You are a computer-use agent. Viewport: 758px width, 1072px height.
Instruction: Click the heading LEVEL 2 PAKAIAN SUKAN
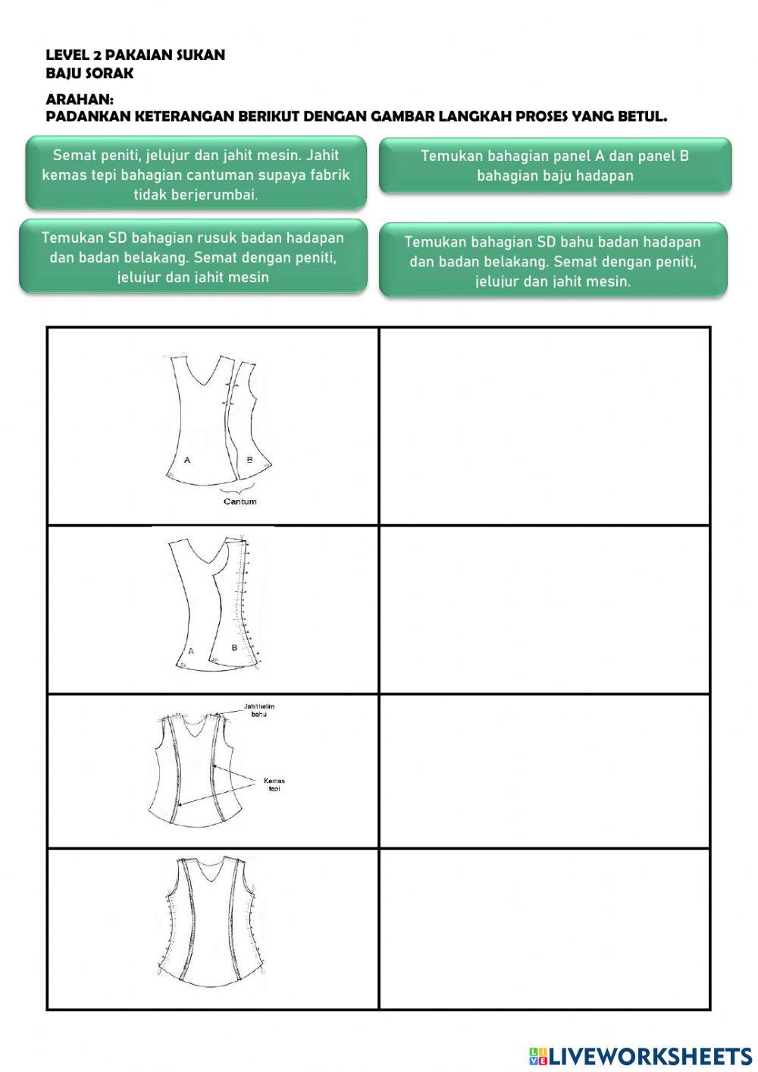[x=135, y=55]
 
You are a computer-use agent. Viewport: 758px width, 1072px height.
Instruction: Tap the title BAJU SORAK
[x=89, y=74]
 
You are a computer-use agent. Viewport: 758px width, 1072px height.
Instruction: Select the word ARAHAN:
[x=80, y=99]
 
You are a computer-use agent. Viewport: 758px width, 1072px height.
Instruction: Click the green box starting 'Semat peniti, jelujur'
[x=196, y=174]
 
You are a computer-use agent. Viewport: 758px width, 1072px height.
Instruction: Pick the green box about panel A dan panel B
[x=555, y=165]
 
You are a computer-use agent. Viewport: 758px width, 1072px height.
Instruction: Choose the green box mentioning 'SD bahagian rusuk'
[x=193, y=257]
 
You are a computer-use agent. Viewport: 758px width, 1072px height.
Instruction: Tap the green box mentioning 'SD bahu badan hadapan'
[x=553, y=261]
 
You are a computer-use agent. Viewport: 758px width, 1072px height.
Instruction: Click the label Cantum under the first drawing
[x=240, y=501]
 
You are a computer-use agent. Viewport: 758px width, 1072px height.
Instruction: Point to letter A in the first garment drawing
[x=187, y=460]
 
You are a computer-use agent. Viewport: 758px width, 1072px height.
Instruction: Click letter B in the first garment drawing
[x=249, y=460]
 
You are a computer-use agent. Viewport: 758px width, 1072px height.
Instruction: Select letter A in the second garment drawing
[x=190, y=651]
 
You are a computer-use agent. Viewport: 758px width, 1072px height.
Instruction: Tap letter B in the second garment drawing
[x=234, y=648]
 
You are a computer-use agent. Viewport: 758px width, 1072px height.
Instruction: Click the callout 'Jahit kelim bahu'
[x=258, y=710]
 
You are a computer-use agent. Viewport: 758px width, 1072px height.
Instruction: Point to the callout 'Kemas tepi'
[x=274, y=784]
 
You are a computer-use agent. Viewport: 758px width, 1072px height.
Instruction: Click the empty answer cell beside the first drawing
[x=544, y=426]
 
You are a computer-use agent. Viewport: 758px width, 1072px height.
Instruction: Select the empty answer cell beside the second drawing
[x=544, y=610]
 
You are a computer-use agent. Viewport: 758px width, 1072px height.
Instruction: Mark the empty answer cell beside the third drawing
[x=544, y=772]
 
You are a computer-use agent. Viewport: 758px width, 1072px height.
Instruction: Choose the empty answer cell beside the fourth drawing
[x=544, y=929]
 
